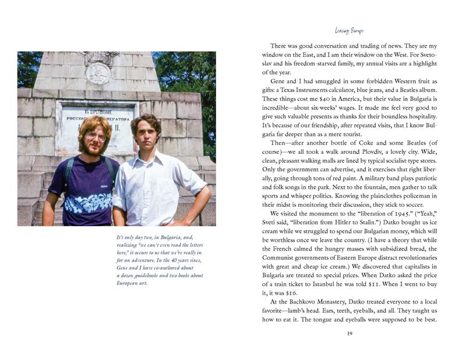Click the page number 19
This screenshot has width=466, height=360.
tap(349, 333)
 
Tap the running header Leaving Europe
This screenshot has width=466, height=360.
tap(349, 30)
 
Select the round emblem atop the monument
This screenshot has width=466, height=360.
tap(98, 73)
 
